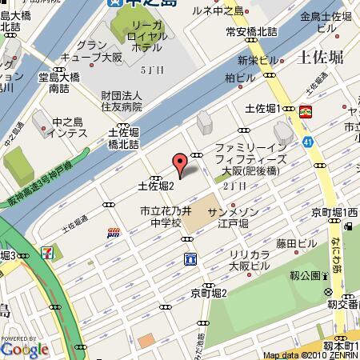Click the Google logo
tap(24, 348)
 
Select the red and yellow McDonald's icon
tap(306, 112)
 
